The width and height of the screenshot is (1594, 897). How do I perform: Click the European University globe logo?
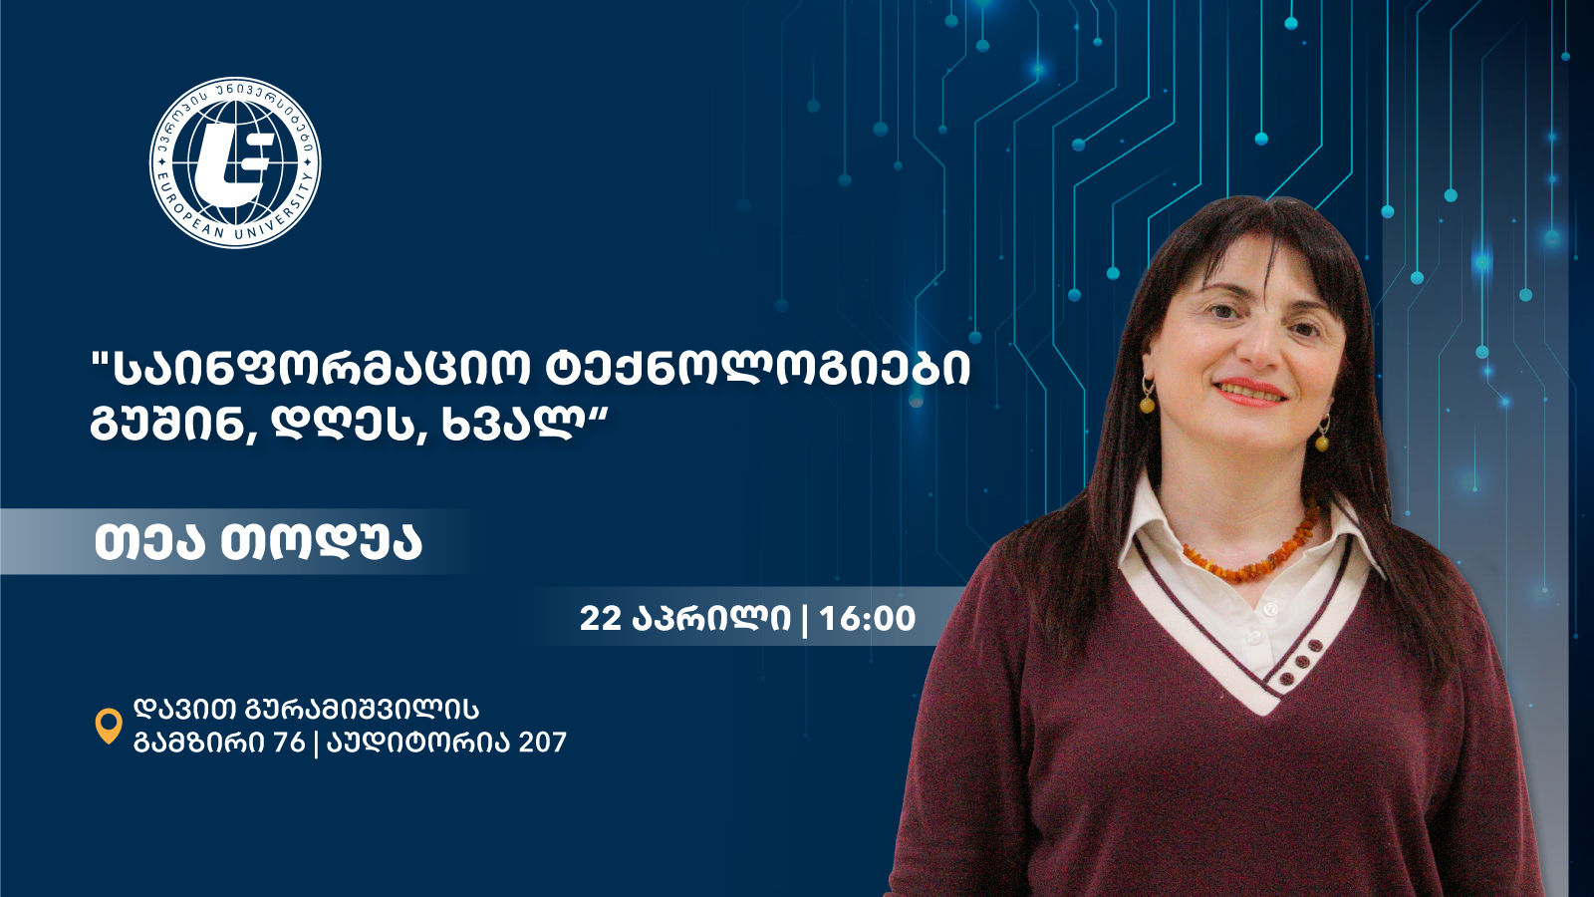(235, 163)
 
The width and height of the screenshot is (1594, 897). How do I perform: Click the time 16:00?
(868, 618)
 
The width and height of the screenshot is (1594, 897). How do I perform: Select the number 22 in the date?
(601, 618)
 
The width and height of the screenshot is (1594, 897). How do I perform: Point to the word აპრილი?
(711, 619)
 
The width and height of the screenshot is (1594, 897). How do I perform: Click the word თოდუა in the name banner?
(321, 542)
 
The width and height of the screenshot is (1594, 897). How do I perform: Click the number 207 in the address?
(542, 743)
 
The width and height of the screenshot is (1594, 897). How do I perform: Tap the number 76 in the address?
(289, 743)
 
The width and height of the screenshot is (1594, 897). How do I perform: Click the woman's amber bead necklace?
(1251, 548)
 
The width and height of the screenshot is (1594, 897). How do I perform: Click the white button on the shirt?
(1268, 610)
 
